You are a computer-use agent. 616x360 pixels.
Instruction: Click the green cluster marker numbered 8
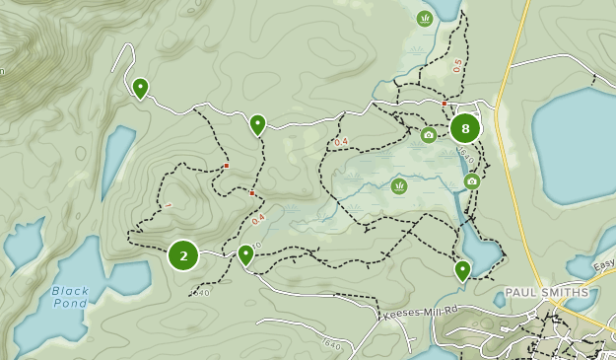(x=465, y=128)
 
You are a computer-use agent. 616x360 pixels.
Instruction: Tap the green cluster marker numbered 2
(x=183, y=255)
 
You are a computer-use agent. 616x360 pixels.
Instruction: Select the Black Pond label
(x=70, y=297)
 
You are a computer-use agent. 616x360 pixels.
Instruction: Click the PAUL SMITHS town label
(x=546, y=293)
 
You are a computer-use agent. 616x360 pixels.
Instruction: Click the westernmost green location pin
(x=141, y=89)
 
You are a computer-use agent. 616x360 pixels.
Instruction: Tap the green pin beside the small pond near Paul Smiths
(x=462, y=269)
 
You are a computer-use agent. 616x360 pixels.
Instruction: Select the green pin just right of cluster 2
(x=246, y=254)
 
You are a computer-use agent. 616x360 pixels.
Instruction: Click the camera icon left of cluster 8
(x=428, y=135)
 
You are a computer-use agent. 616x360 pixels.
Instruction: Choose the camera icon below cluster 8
(x=472, y=180)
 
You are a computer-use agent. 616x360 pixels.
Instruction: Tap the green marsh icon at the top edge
(x=425, y=18)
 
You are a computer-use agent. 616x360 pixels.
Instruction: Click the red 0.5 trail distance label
(x=457, y=66)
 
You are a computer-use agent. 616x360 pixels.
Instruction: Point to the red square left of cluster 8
(x=445, y=104)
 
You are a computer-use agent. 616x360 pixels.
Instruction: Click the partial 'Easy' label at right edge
(x=602, y=263)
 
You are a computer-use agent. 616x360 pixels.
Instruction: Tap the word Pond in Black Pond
(x=70, y=303)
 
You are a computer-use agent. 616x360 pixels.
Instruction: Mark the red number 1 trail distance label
(x=169, y=206)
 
